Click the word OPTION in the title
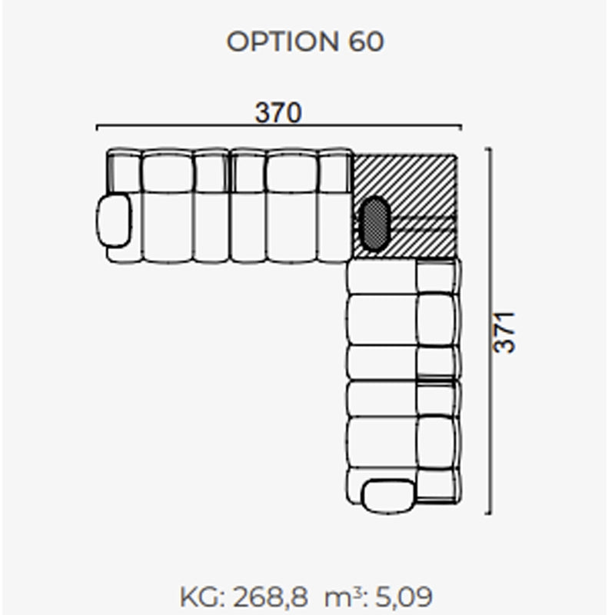(x=282, y=42)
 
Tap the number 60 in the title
(x=366, y=42)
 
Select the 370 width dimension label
(x=278, y=112)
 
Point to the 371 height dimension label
(x=504, y=333)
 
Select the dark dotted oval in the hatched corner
(x=374, y=223)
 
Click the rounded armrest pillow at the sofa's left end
(x=114, y=221)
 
